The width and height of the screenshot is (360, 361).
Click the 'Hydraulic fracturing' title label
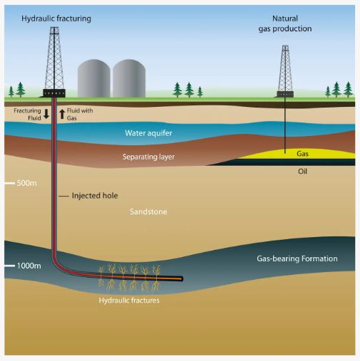pyautogui.click(x=56, y=19)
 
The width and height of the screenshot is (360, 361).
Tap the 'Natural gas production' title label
pyautogui.click(x=285, y=23)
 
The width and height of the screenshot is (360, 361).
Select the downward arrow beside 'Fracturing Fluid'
pyautogui.click(x=46, y=114)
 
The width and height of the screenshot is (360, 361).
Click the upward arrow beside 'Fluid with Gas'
pyautogui.click(x=62, y=114)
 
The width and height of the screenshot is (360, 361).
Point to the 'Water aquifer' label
pyautogui.click(x=148, y=133)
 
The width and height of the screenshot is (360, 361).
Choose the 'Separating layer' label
pyautogui.click(x=148, y=157)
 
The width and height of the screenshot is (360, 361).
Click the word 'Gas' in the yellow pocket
pyautogui.click(x=302, y=154)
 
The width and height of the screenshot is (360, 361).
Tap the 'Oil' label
pyautogui.click(x=302, y=172)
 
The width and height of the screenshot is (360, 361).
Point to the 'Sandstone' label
pyautogui.click(x=148, y=211)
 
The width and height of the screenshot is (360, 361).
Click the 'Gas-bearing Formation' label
pyautogui.click(x=297, y=258)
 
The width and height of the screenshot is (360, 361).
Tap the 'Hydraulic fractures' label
pyautogui.click(x=129, y=300)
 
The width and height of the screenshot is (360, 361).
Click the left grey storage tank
pyautogui.click(x=94, y=78)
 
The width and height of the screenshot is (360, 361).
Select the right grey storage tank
pyautogui.click(x=129, y=78)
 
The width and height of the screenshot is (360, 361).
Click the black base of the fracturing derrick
pyautogui.click(x=54, y=93)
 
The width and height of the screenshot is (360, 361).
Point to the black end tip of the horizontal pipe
pyautogui.click(x=182, y=278)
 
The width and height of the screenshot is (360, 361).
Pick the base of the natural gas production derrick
pyautogui.click(x=285, y=94)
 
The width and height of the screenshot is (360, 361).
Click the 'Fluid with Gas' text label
pyautogui.click(x=80, y=114)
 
